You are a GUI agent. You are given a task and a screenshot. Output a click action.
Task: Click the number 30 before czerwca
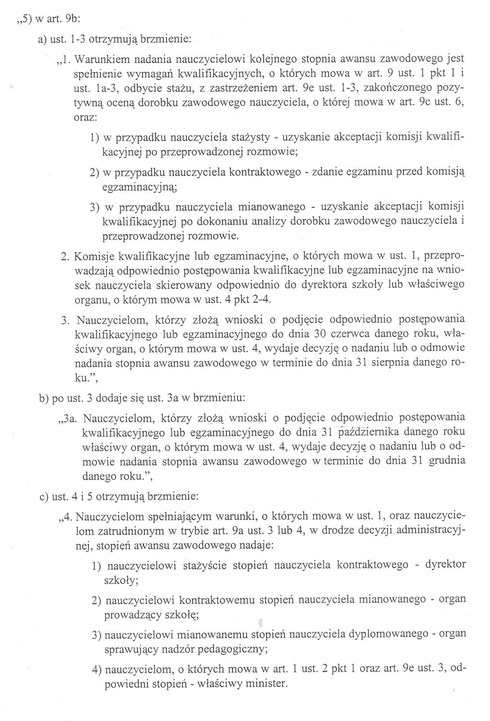[x=320, y=334]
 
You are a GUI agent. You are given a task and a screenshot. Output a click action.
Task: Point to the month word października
[x=367, y=432]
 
